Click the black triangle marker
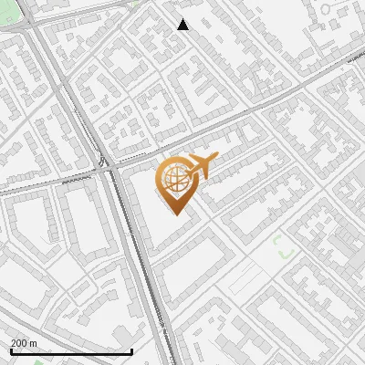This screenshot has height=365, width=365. (183, 25)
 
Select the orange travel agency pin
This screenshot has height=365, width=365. (177, 183)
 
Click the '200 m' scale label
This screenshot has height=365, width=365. (24, 343)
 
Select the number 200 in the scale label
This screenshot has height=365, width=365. (19, 343)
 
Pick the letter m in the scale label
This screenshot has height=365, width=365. (33, 343)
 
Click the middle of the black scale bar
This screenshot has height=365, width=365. (71, 351)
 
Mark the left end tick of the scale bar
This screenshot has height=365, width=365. (10, 350)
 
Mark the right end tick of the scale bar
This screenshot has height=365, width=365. (132, 350)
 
